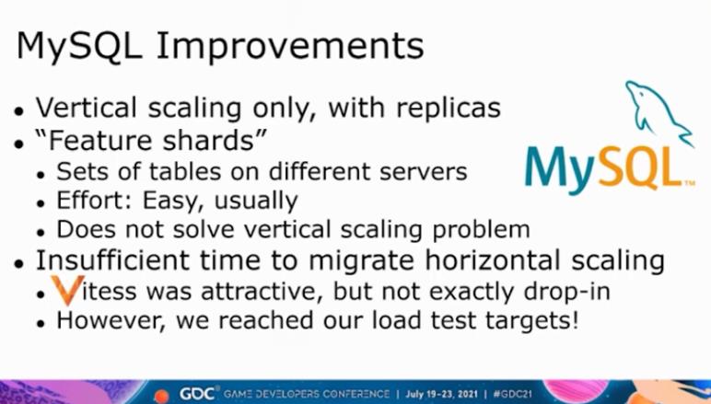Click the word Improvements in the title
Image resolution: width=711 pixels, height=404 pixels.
coord(290,47)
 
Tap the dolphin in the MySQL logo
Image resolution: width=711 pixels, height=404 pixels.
coord(658,112)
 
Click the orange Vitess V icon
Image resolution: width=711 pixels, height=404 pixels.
coord(67,290)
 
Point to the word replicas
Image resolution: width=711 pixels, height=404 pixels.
coord(448,108)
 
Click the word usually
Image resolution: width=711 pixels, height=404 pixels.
coord(256,202)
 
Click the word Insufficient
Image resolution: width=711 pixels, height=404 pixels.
coord(114,260)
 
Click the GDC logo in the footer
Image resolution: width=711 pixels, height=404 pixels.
coord(199,393)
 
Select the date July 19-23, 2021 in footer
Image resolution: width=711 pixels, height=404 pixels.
coord(442,394)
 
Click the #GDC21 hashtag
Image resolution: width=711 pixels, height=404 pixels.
coord(512,394)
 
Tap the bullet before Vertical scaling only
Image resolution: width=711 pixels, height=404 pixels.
coord(18,110)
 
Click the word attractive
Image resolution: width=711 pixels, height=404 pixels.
coord(262,292)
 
